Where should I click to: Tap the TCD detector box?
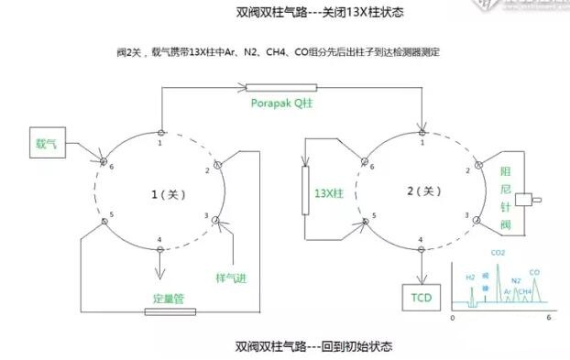(422, 297)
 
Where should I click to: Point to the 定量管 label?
(170, 298)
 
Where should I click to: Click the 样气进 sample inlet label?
(233, 276)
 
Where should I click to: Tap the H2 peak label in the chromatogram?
(470, 276)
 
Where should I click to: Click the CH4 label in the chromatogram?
(523, 291)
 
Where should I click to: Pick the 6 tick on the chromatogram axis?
(547, 317)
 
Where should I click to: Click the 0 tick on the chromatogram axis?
(452, 317)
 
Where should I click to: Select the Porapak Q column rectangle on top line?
(285, 88)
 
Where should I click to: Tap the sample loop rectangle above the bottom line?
(170, 311)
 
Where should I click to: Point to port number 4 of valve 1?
(159, 240)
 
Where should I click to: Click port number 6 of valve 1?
(111, 168)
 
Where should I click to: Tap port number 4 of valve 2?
(421, 240)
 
